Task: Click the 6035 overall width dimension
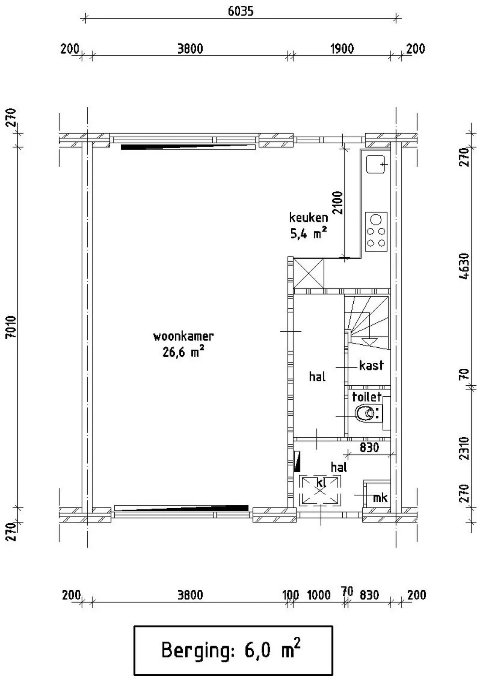pos(240,11)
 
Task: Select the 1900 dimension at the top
pos(342,49)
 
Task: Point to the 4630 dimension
pos(465,267)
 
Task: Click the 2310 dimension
pos(465,448)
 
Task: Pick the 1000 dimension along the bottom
pos(319,595)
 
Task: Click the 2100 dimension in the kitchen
pos(338,202)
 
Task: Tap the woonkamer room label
pos(183,336)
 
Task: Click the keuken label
pos(309,217)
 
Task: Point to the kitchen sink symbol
pos(375,164)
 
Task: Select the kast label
pos(371,365)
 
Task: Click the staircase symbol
pos(367,322)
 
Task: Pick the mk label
pos(380,498)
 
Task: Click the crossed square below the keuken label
pos(309,273)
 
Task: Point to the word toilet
pos(367,397)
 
